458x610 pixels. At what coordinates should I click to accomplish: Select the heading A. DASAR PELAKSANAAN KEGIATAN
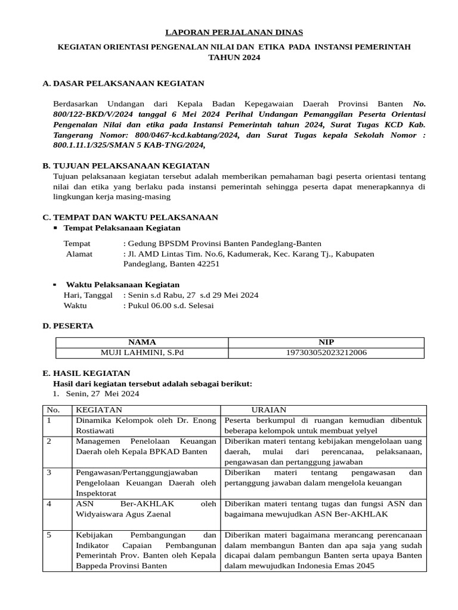tap(123, 83)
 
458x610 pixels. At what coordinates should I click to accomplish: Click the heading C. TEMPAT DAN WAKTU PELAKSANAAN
tap(130, 217)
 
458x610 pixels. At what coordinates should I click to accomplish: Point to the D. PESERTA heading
tap(68, 326)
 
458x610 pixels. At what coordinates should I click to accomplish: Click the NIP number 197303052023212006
tap(326, 353)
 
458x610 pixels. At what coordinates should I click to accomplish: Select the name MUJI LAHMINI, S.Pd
tap(142, 353)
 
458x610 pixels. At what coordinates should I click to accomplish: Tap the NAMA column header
tap(142, 342)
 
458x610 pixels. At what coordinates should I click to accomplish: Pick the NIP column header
tap(326, 342)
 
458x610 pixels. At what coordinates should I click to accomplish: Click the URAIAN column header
tap(268, 410)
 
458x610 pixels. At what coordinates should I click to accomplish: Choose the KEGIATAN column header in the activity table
tap(99, 410)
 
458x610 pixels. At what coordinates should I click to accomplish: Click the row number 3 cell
tap(49, 472)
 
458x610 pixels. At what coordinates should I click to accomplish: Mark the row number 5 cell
tap(49, 535)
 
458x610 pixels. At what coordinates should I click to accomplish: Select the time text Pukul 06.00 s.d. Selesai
tap(168, 306)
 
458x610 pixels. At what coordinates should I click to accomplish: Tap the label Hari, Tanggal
tap(88, 295)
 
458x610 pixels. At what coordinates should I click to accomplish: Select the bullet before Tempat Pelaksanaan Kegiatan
tap(55, 228)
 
